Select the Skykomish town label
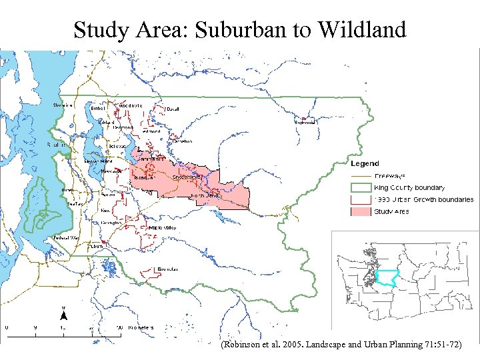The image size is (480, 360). pos(305,122)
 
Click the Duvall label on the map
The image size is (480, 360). pos(173,109)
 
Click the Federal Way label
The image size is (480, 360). pos(65,237)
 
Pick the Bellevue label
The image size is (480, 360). pos(118,146)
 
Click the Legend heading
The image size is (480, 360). pos(365,163)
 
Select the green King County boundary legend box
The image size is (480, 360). pos(361,187)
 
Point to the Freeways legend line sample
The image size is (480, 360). pos(361,176)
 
